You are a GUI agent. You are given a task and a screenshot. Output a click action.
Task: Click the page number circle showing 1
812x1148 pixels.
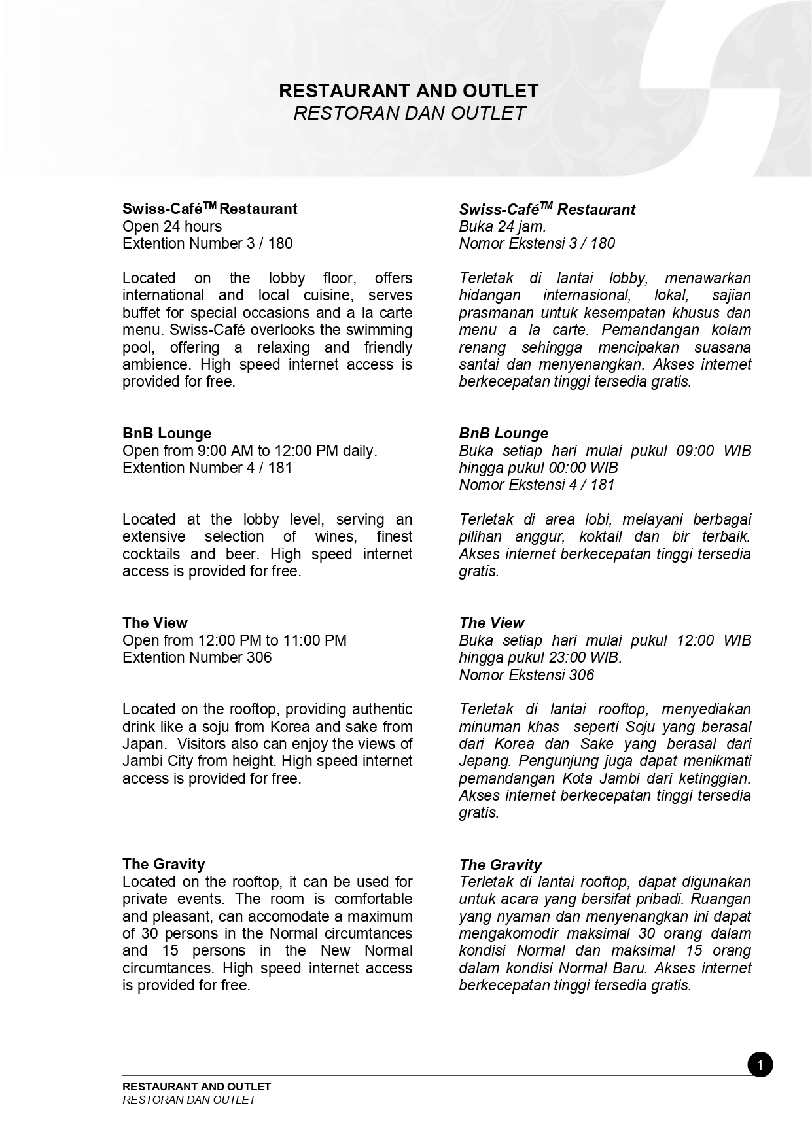tap(760, 1065)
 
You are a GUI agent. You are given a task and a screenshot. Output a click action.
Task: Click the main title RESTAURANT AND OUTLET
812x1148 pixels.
tap(408, 90)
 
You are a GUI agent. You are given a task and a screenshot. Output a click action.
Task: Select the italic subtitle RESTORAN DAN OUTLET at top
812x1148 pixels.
tap(409, 113)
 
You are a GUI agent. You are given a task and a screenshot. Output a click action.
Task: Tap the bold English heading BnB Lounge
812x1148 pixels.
tap(167, 433)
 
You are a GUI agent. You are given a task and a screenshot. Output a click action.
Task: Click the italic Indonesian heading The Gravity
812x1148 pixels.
tap(501, 865)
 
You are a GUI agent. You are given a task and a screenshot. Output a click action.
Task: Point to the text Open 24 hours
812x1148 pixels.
tap(172, 226)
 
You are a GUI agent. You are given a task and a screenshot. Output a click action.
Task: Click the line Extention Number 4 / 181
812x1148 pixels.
tap(207, 468)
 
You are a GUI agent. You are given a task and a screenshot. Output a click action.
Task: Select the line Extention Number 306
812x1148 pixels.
tap(197, 657)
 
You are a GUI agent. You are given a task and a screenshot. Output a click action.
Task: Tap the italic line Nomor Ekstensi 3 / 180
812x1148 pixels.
tap(537, 243)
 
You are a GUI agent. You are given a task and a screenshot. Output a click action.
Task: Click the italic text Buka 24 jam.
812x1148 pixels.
tap(503, 226)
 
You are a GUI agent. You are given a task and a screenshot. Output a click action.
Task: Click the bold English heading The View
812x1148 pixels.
tap(155, 623)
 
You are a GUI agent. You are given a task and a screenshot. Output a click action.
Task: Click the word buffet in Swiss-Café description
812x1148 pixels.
tap(141, 313)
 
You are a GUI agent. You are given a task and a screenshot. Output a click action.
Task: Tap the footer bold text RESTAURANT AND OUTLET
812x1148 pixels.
tap(196, 1087)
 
